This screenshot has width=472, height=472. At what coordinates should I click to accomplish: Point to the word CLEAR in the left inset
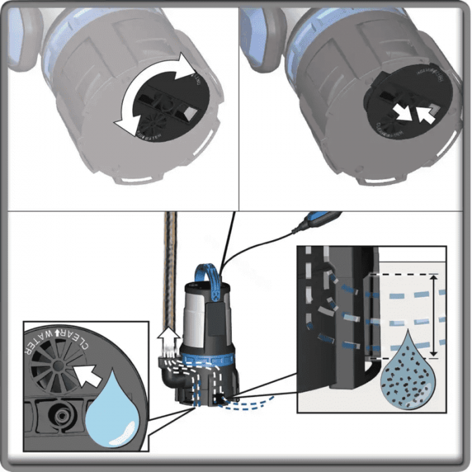point(74,341)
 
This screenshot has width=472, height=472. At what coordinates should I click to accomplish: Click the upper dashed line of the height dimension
point(405,275)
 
